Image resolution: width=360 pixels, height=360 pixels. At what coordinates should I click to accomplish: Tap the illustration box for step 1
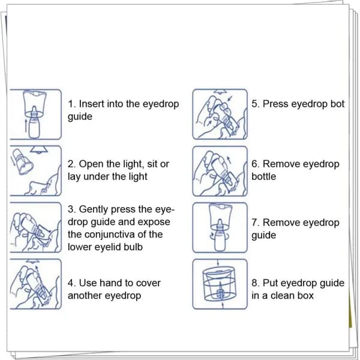point(35,114)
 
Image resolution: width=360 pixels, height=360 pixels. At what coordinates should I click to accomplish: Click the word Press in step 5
point(275,104)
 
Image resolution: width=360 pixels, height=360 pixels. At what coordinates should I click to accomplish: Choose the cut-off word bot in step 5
point(337,104)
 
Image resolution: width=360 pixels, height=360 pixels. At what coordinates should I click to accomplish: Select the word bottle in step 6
point(263,176)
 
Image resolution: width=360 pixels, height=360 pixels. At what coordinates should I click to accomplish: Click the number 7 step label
point(255,223)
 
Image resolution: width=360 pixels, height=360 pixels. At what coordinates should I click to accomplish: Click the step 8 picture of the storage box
point(220,284)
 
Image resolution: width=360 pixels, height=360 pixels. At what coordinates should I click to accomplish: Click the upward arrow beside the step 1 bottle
point(26,125)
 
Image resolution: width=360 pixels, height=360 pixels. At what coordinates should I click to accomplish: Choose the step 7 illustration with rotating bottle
point(220,227)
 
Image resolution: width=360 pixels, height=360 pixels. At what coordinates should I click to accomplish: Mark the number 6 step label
point(255,164)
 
